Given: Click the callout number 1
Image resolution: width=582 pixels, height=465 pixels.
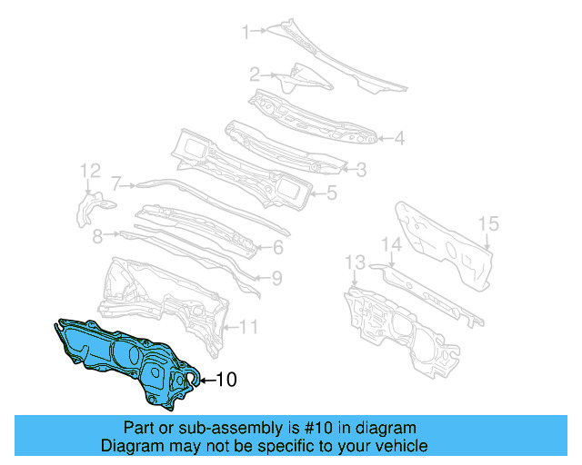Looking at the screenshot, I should tap(245, 33).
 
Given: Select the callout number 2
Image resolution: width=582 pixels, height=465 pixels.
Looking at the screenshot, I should tap(256, 74).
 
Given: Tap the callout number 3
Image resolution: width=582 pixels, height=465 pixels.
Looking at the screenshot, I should tap(361, 168).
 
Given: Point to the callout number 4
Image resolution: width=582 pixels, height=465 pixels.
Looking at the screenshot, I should tap(398, 139).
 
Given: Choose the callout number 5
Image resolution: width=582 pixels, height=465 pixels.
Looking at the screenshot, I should tap(332, 192).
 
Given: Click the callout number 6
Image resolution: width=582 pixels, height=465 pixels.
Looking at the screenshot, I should tap(278, 247).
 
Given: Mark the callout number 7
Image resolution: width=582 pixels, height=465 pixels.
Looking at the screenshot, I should tap(116, 183).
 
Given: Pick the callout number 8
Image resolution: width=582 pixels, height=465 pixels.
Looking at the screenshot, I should tap(97, 235).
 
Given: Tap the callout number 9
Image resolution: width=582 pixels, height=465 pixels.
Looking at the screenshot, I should tap(276, 279).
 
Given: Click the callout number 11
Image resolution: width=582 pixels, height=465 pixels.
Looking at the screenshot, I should tap(249, 326).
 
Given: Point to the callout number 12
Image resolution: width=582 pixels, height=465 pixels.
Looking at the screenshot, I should tap(89, 170).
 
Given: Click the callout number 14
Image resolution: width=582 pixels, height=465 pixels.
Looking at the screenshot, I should tap(390, 244).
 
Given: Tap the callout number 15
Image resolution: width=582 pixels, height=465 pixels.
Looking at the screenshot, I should tap(488, 223).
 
